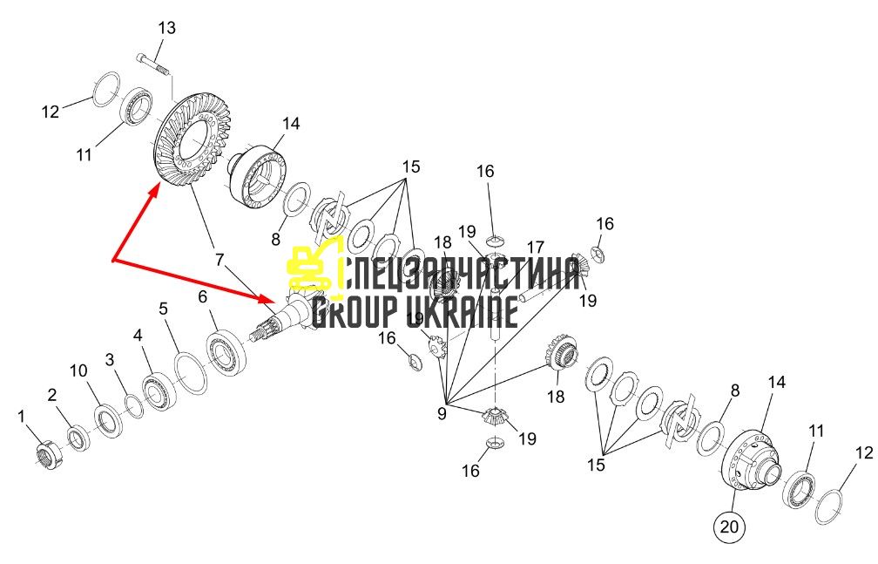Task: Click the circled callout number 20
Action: click(x=729, y=527)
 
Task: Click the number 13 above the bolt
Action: click(x=166, y=28)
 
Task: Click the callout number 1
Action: click(x=21, y=416)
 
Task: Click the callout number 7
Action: click(x=219, y=259)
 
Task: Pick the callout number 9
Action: click(x=442, y=414)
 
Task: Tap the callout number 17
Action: click(x=536, y=248)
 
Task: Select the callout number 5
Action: click(x=163, y=309)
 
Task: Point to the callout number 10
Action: click(x=78, y=370)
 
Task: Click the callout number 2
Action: click(x=52, y=395)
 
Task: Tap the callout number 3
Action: click(x=110, y=359)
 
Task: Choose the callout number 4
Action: click(x=138, y=336)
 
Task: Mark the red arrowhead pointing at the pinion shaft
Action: click(x=266, y=298)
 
